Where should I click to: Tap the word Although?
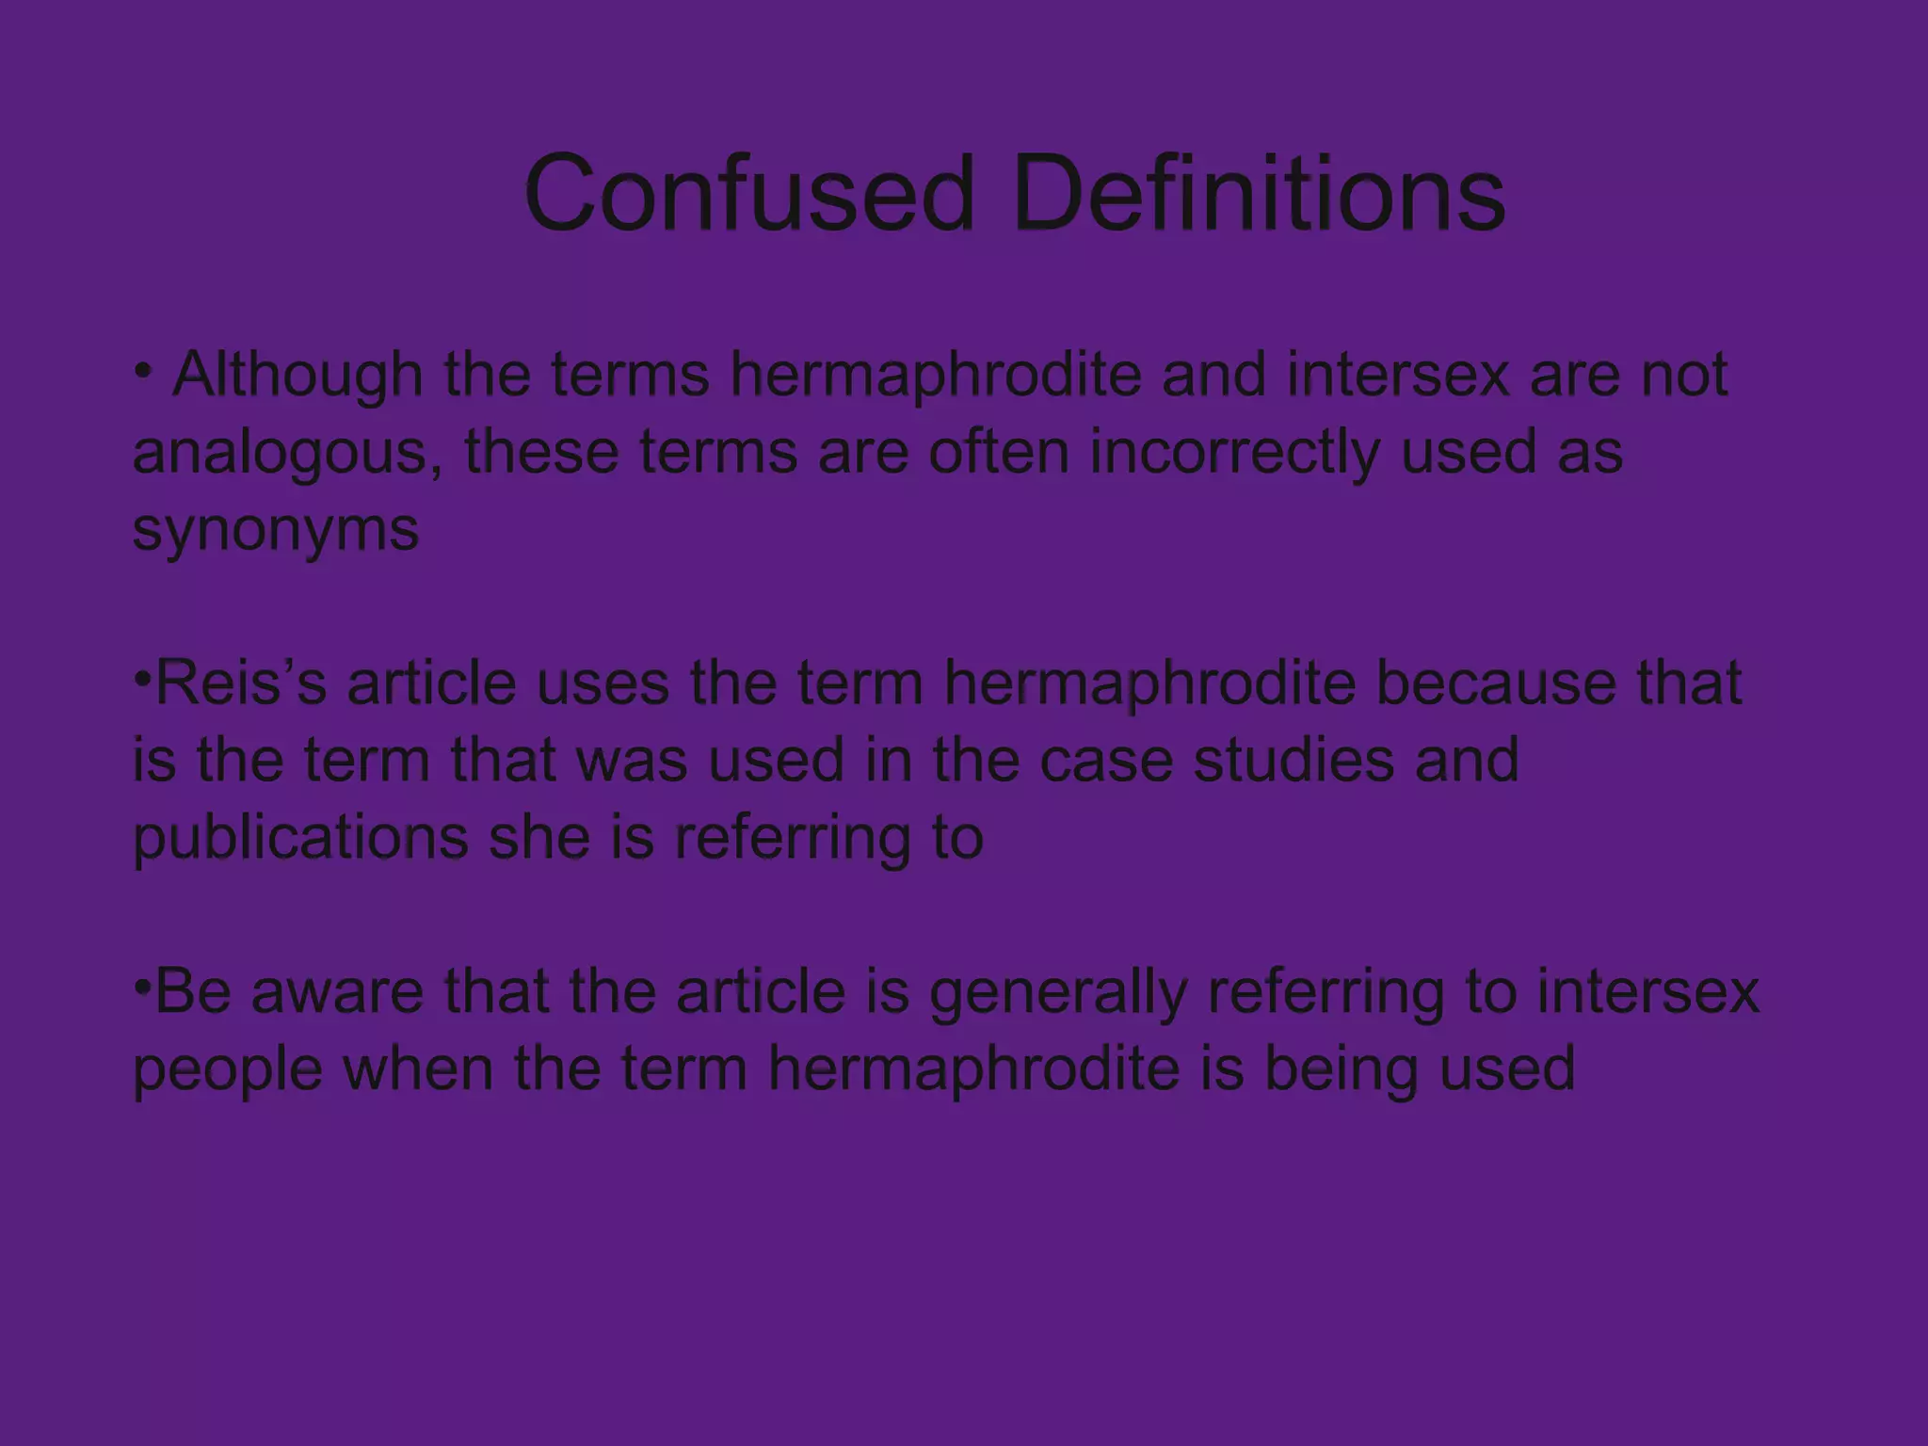[x=297, y=375]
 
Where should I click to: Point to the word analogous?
[x=286, y=452]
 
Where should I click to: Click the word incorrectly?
[x=1233, y=452]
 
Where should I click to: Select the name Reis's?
[x=241, y=683]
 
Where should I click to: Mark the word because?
[x=1495, y=683]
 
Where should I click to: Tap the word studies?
[x=1293, y=760]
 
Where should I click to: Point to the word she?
[x=539, y=837]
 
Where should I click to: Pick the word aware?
[x=337, y=991]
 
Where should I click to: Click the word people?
[x=226, y=1068]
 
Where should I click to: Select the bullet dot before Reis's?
[x=141, y=678]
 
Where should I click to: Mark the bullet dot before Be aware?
[x=141, y=987]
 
